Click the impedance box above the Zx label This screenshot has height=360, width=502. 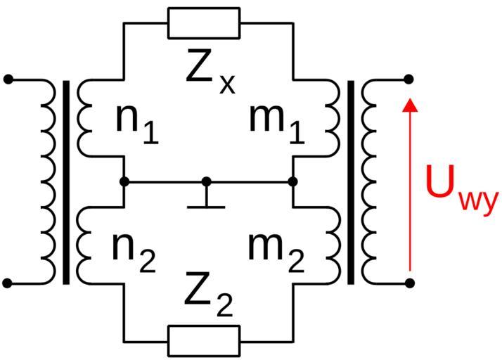[x=204, y=22]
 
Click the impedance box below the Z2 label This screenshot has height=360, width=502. [x=204, y=340]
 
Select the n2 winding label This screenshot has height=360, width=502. [x=134, y=250]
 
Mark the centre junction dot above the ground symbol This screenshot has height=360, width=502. [x=207, y=181]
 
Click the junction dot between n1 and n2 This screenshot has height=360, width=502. [x=124, y=181]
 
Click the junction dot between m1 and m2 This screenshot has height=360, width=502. [x=293, y=181]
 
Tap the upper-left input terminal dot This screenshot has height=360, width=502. [x=8, y=79]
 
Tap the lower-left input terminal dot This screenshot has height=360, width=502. [x=8, y=283]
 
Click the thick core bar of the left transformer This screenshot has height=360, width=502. [x=66, y=181]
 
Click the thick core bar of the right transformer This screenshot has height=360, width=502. [x=351, y=181]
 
